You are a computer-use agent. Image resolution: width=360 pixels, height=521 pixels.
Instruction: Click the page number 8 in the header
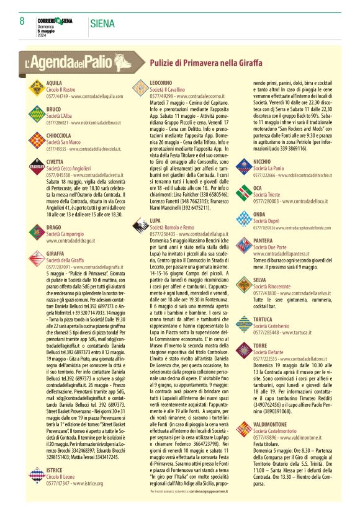click(x=22, y=21)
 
